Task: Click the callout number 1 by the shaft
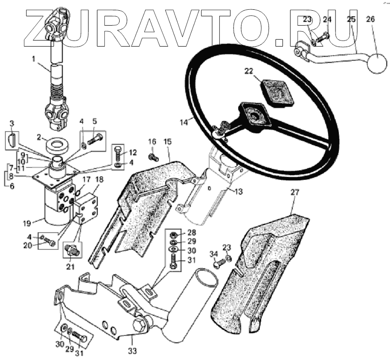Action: tap(34, 59)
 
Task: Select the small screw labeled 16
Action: tap(153, 157)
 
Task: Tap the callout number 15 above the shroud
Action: tap(168, 141)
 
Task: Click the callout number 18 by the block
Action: tap(100, 180)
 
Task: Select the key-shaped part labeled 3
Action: tap(12, 139)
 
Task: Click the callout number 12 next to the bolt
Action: tap(133, 152)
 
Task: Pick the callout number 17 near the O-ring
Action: tap(87, 179)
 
